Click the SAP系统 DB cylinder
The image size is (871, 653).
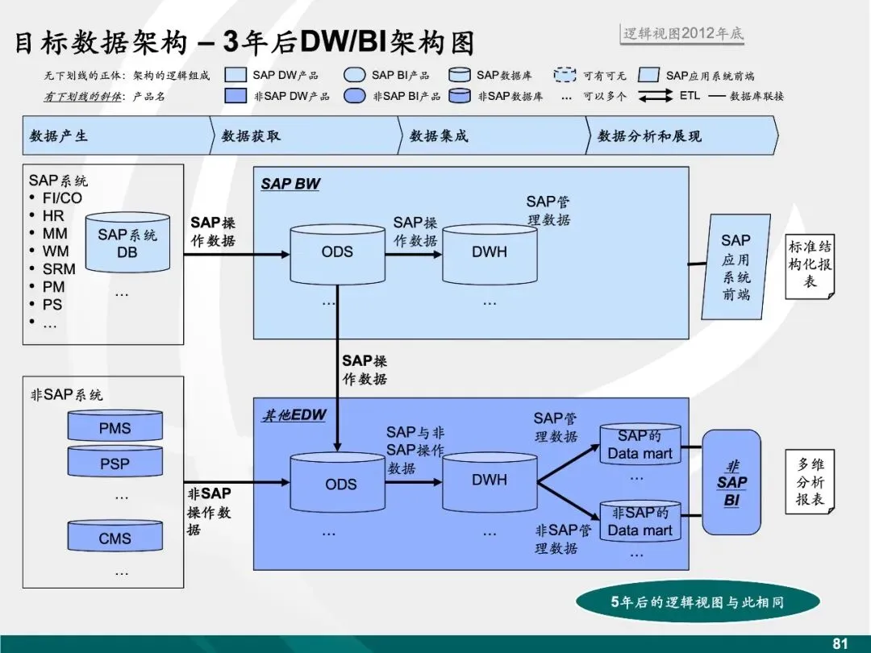[x=127, y=243]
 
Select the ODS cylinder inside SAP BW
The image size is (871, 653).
[x=337, y=253]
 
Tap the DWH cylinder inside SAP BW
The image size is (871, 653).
[x=490, y=253]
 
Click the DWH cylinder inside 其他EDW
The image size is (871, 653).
[x=490, y=481]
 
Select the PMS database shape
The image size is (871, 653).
[x=115, y=427]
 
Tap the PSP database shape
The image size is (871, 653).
[x=115, y=464]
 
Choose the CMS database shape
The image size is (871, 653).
[x=115, y=537]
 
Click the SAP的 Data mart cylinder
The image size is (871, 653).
[x=640, y=444]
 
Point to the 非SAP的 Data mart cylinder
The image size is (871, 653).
[x=640, y=522]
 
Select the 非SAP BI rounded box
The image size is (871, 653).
[x=731, y=482]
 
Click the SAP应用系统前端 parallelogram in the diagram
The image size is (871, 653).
[x=735, y=267]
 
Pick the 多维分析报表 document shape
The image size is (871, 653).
[x=810, y=482]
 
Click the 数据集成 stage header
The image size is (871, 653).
[x=492, y=135]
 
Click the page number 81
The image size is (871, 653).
[x=840, y=643]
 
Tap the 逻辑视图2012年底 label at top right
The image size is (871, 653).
[x=683, y=34]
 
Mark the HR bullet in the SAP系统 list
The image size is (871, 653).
[x=53, y=215]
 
